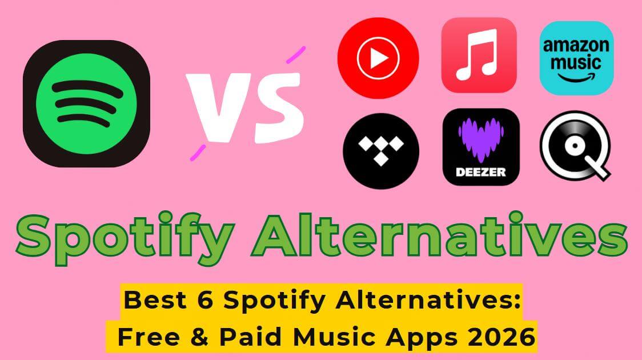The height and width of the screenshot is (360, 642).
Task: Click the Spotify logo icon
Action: (87, 103)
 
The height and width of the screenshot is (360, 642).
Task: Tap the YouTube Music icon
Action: (378, 58)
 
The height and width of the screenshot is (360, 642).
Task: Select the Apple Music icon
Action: (479, 55)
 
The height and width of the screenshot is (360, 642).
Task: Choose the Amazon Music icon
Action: (576, 58)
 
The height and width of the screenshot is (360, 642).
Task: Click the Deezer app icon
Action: (481, 147)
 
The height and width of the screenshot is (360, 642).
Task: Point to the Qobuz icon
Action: (575, 147)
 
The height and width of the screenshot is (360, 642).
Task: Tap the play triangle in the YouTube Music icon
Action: (379, 58)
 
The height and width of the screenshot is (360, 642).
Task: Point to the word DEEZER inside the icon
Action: (481, 171)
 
